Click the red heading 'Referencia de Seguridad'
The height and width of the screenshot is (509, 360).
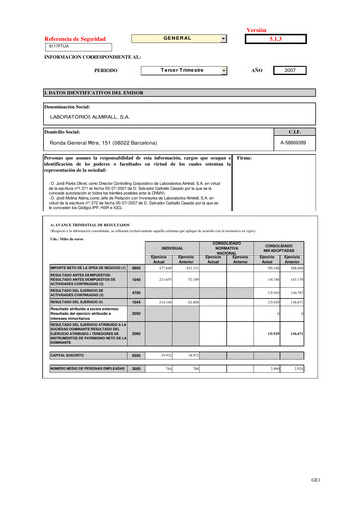pos(75,38)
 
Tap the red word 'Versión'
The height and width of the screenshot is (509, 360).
pos(256,30)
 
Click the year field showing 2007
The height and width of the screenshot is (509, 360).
pos(290,71)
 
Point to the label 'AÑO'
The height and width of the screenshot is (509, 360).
pos(256,71)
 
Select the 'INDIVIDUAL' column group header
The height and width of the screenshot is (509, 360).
pos(172,247)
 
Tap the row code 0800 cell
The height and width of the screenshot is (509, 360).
pos(136,268)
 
